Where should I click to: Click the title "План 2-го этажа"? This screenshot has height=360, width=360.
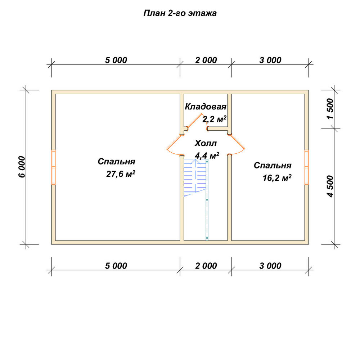[180, 13]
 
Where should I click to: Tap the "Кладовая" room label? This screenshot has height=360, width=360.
[206, 107]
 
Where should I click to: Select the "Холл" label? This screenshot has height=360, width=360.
[206, 143]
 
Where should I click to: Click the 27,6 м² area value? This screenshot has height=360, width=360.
[121, 174]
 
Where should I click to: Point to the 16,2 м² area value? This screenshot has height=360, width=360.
[277, 178]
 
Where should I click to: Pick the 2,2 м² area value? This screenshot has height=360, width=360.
[215, 119]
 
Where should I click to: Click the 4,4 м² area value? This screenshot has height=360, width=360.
[207, 156]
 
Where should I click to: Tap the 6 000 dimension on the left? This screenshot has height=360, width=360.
[22, 167]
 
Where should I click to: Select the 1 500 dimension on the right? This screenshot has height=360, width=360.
[330, 109]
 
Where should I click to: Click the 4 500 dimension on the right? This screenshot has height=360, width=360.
[330, 186]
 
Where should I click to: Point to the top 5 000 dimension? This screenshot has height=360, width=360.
[116, 60]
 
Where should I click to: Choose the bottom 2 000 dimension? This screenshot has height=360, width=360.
[206, 266]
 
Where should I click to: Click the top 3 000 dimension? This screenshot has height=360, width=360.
[270, 60]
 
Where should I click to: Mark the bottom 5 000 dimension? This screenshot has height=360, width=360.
[116, 266]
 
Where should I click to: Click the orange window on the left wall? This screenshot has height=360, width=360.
[54, 167]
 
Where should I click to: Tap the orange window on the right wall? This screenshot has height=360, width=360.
[306, 167]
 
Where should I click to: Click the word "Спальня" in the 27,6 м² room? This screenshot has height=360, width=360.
[116, 162]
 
